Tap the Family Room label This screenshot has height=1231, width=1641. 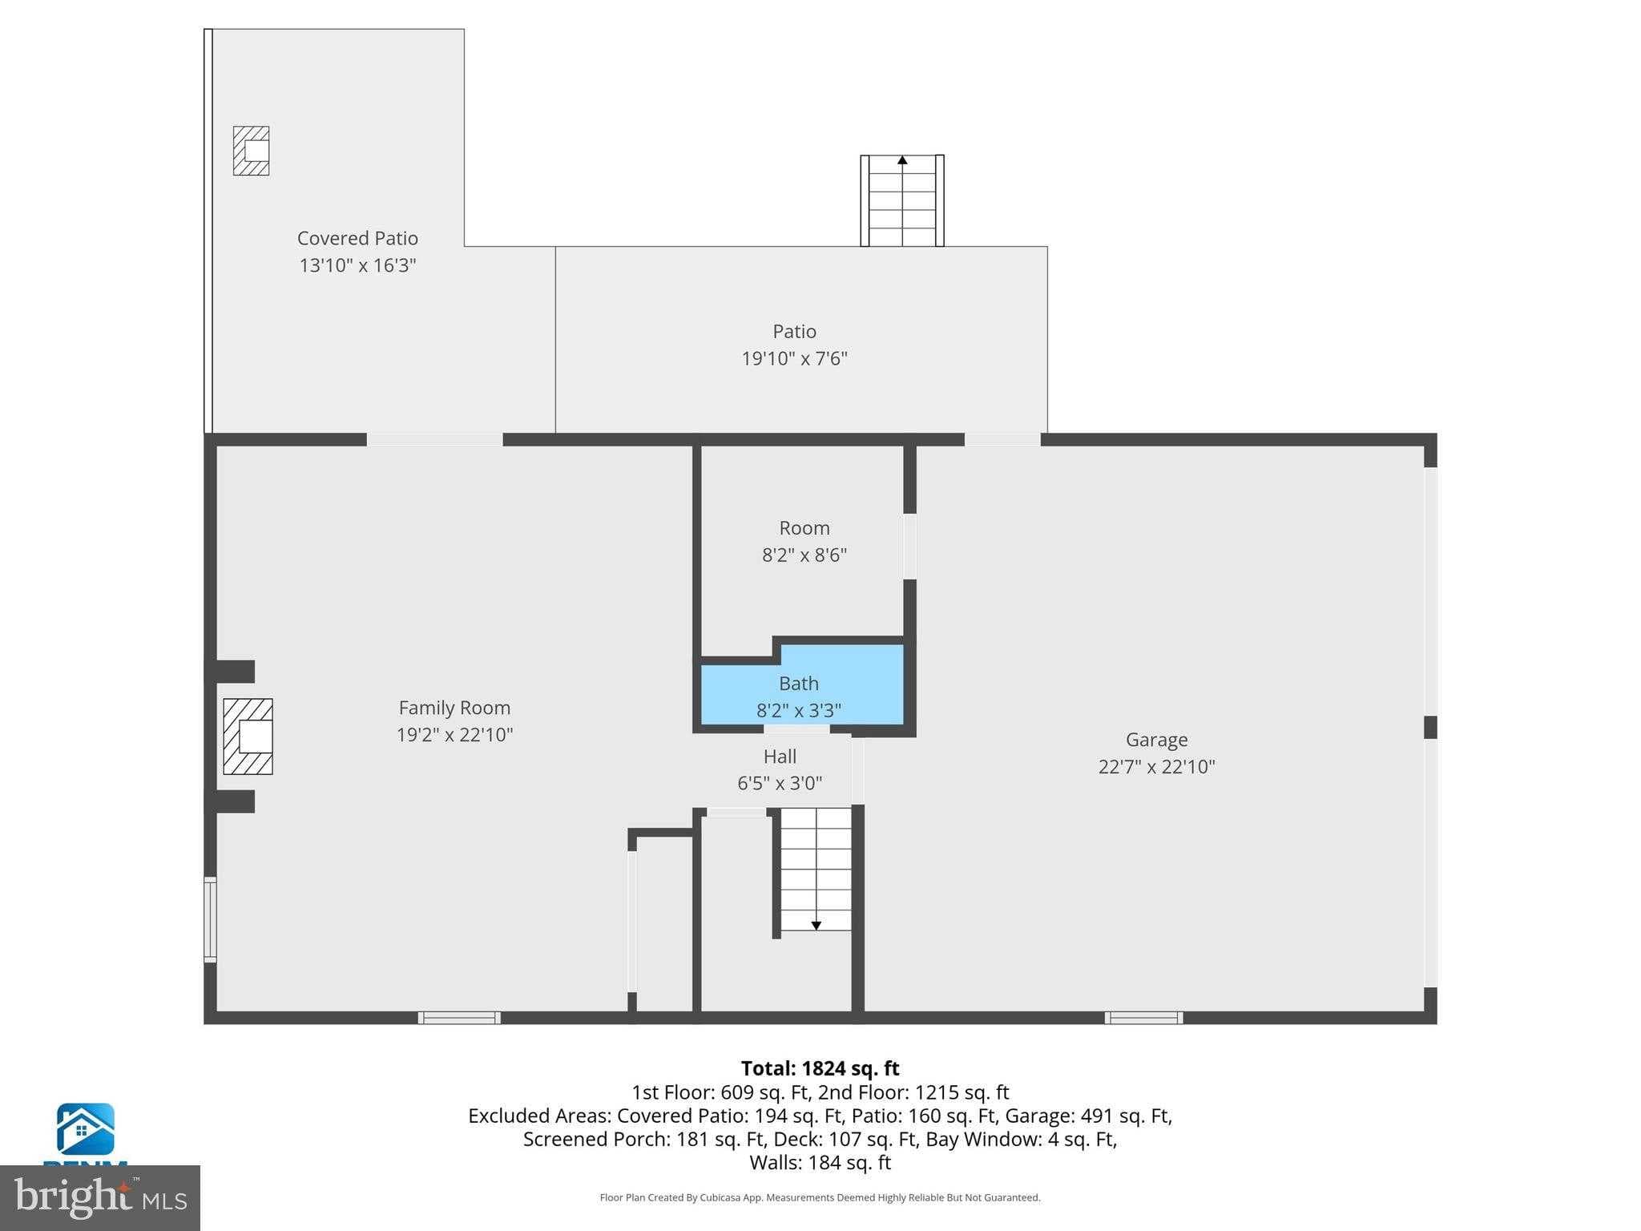(454, 708)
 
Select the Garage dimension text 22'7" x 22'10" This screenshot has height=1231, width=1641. (1156, 767)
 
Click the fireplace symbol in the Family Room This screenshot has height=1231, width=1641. (248, 737)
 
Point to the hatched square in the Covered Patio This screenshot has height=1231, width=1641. (251, 151)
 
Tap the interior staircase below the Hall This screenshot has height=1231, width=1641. (816, 870)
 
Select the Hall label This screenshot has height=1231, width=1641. (780, 757)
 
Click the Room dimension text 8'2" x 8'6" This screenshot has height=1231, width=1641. (804, 555)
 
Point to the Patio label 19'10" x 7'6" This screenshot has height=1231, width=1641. (794, 358)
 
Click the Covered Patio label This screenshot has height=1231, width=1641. (357, 239)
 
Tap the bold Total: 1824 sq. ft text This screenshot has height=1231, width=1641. (820, 1068)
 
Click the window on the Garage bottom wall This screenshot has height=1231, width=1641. (1143, 1018)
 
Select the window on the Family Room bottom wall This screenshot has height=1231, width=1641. (459, 1018)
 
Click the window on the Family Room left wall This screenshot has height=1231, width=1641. (210, 919)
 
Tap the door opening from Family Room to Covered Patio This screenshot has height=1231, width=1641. (434, 439)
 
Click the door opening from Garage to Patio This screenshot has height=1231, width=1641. (1002, 439)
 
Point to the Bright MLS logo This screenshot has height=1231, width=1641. (99, 1197)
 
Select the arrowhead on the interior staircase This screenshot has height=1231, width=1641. (816, 926)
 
